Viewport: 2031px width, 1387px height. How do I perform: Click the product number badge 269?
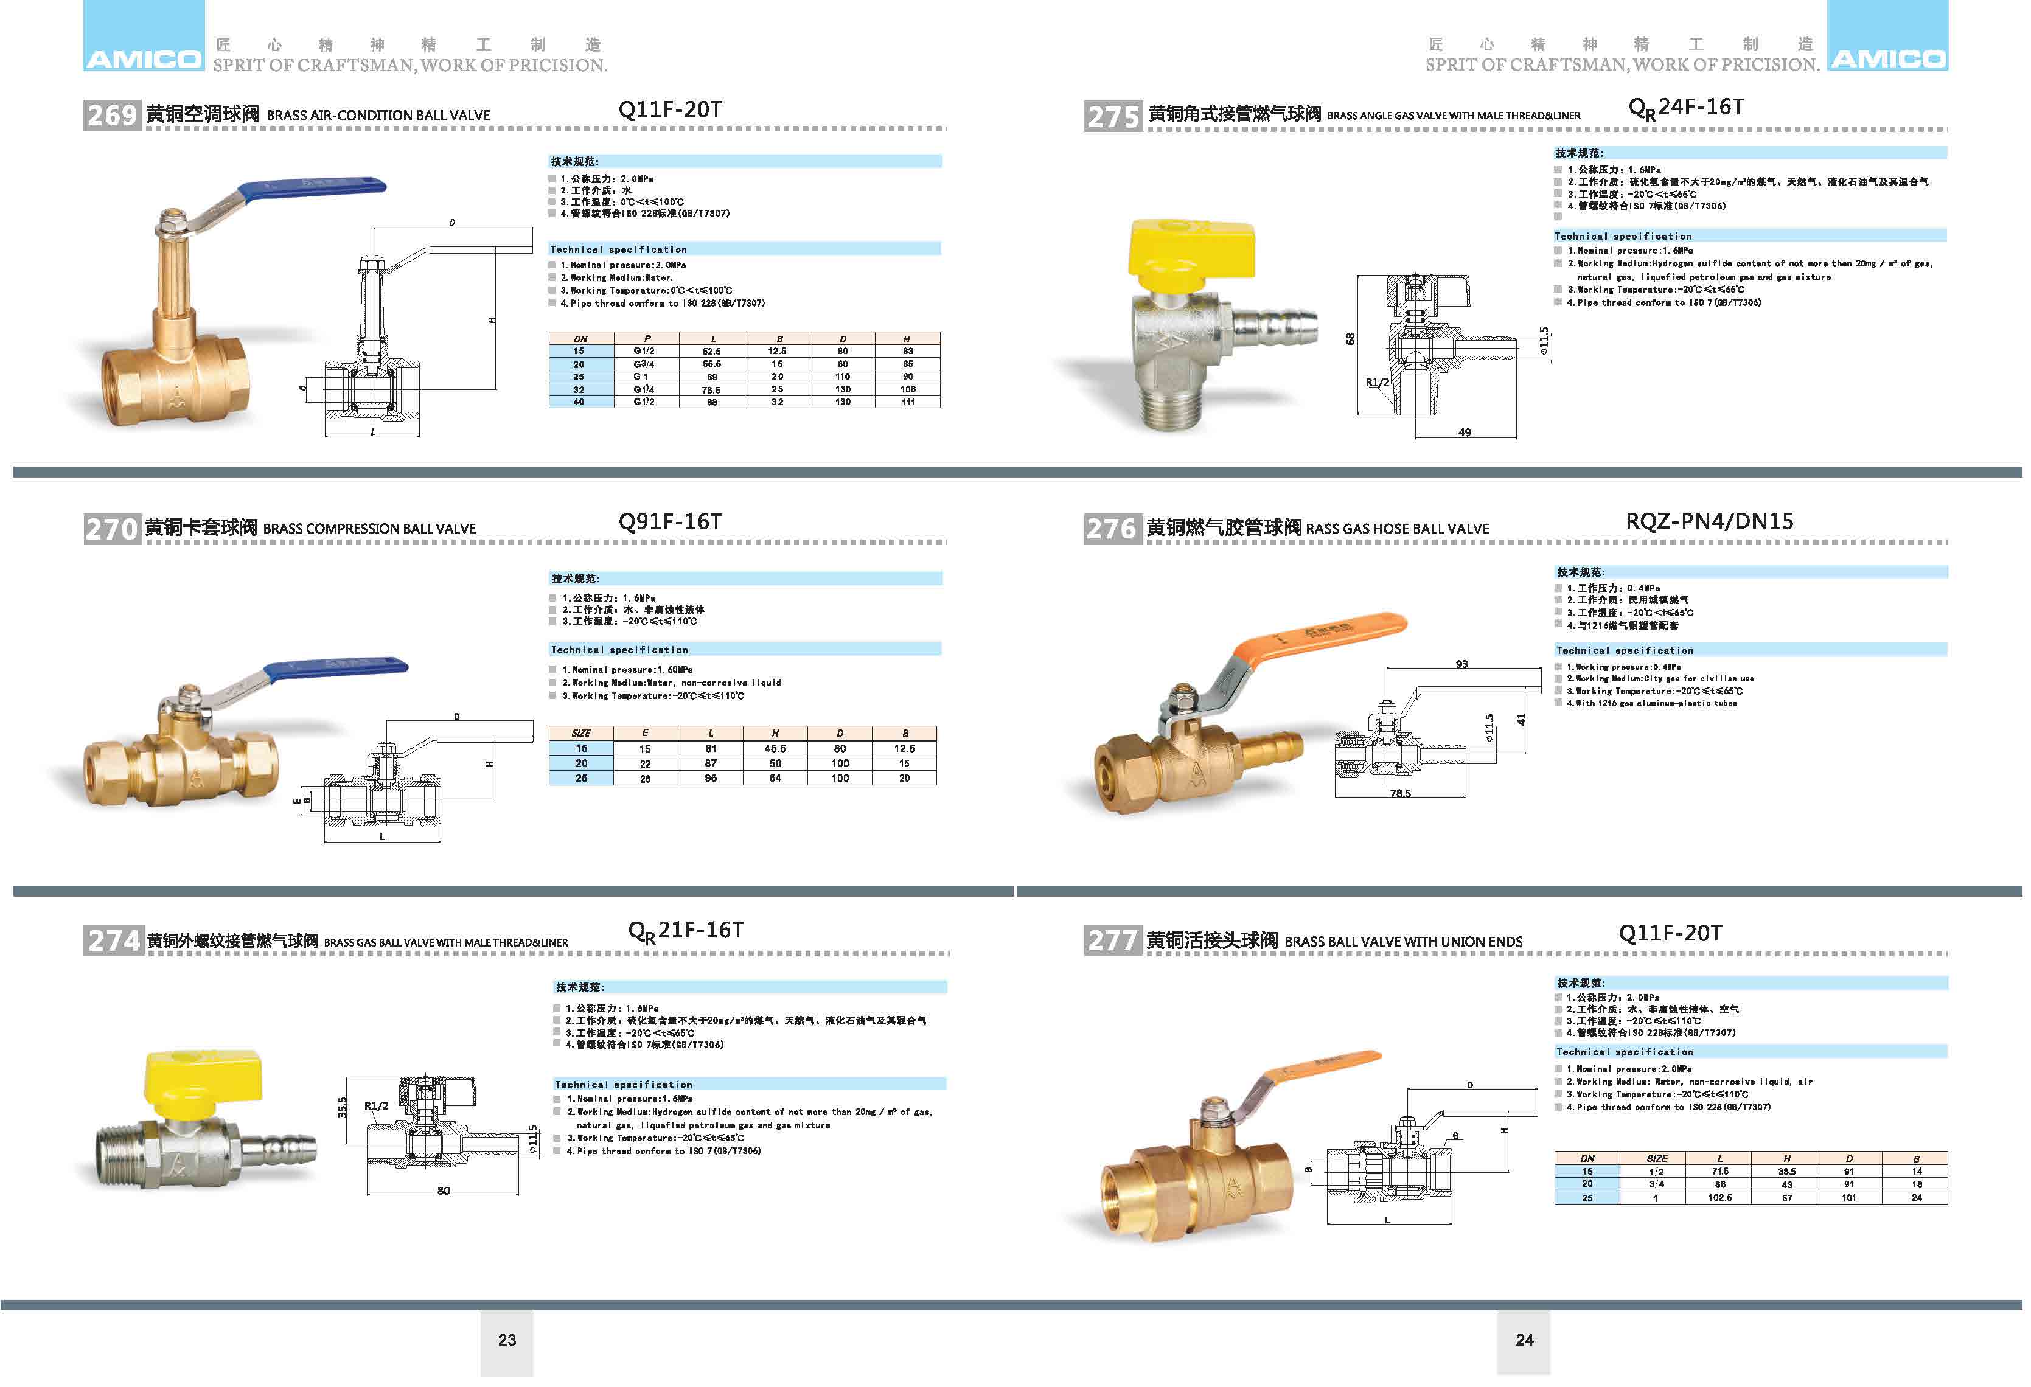[x=112, y=114]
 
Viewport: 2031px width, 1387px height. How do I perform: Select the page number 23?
[x=507, y=1340]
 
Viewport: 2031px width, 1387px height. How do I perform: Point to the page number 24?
[x=1524, y=1340]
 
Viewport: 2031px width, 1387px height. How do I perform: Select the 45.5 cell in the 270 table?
[x=775, y=749]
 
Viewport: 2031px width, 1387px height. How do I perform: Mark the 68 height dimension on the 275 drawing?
[x=1350, y=339]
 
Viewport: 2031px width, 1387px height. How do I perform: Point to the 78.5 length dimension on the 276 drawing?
[x=1400, y=793]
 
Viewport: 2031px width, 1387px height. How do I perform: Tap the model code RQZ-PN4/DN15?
[x=1709, y=522]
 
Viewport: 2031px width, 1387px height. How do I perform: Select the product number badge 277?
[x=1112, y=940]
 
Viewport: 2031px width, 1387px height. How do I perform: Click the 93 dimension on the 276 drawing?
[x=1461, y=664]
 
